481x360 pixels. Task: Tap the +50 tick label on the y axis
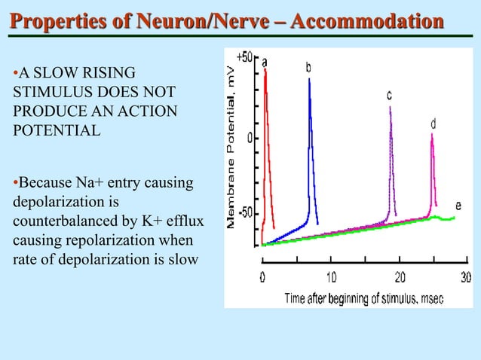click(245, 58)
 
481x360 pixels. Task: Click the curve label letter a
click(265, 61)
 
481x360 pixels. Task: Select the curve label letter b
click(309, 68)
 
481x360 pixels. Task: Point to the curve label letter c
click(389, 96)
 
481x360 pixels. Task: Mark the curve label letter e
click(459, 206)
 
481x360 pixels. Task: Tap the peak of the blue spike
click(309, 79)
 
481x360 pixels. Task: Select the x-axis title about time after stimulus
click(364, 298)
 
